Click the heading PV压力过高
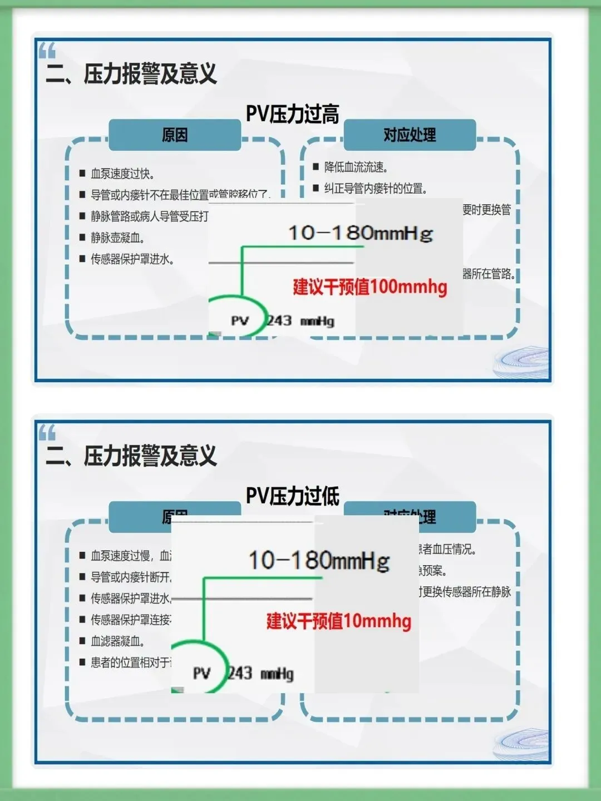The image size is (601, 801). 292,114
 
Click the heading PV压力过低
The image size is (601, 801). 292,496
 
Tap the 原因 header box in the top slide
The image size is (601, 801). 175,135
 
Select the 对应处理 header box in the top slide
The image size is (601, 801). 410,135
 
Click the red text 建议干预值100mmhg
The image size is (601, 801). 370,287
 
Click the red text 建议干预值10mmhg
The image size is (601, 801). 338,621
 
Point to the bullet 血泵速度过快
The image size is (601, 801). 122,174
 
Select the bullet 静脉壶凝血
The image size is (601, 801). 118,238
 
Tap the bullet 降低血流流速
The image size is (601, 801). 356,167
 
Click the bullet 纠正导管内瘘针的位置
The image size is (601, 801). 376,189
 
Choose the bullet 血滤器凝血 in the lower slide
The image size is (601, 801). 118,641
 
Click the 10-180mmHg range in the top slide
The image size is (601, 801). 360,233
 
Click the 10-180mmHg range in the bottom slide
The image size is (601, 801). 319,560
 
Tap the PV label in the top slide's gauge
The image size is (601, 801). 240,321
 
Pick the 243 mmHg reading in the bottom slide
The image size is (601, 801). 260,674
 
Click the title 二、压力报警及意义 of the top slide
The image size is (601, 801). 131,73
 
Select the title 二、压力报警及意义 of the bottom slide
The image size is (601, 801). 131,456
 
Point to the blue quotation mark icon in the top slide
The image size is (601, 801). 47,51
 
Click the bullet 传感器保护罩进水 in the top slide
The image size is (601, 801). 132,259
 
